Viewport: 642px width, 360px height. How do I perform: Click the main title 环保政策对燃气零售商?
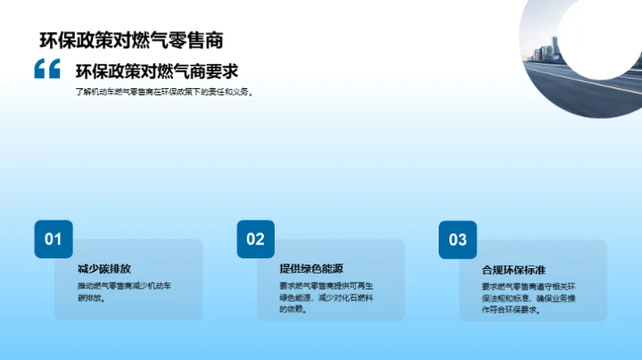tap(131, 40)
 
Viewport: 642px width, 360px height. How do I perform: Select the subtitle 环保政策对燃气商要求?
tap(156, 71)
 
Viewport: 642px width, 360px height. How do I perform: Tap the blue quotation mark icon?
tap(46, 70)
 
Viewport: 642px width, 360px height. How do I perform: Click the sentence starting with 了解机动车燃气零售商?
tap(165, 91)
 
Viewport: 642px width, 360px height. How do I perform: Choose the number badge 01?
tap(53, 239)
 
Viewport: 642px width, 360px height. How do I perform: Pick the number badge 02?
tap(256, 239)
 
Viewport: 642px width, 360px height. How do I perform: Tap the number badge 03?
tap(457, 239)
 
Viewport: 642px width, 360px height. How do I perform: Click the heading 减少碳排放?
tap(104, 268)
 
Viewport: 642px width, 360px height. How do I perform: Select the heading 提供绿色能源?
tap(311, 268)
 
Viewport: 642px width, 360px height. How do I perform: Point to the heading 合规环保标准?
tap(514, 268)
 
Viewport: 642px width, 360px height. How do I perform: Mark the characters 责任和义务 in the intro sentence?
tap(228, 91)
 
